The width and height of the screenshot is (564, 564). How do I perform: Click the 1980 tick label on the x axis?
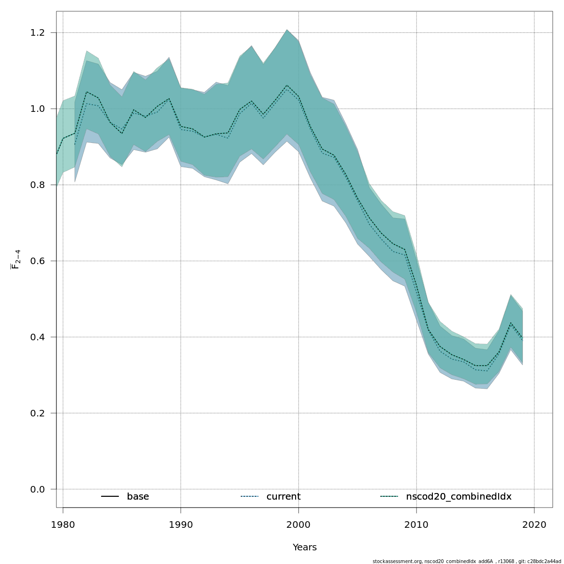click(63, 525)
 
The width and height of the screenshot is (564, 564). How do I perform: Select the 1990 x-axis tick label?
click(181, 525)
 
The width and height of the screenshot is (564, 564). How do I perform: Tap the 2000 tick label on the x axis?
click(299, 525)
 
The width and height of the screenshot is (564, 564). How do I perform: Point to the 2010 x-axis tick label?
click(416, 525)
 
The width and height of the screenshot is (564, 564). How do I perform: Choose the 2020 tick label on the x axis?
click(534, 525)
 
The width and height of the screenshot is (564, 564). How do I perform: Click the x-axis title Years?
click(305, 548)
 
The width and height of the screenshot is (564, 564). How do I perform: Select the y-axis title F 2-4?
click(16, 259)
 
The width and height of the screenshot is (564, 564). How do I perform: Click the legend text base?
click(138, 497)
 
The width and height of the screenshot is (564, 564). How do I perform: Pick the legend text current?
click(283, 497)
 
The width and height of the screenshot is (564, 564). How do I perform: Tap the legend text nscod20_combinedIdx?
click(458, 497)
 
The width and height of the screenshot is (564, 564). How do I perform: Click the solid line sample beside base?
click(110, 497)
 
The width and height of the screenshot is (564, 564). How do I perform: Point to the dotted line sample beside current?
click(250, 497)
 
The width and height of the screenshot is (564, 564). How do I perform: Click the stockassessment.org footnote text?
click(467, 561)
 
